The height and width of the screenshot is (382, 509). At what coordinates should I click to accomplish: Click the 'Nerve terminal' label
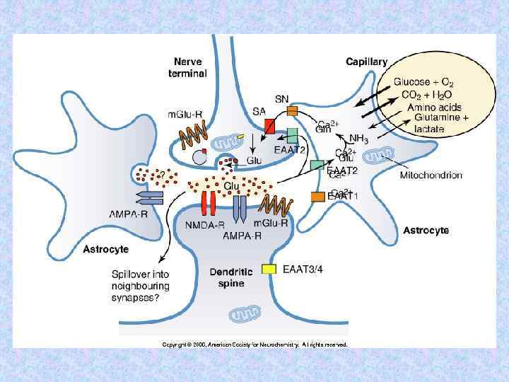pos(187,67)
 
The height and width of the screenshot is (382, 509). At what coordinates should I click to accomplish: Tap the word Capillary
pos(366,62)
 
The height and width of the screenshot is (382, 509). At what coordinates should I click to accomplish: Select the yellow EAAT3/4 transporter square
pos(269,269)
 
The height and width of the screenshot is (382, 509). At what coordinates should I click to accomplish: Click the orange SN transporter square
pos(292,110)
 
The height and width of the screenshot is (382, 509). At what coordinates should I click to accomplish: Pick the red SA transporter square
pos(270,126)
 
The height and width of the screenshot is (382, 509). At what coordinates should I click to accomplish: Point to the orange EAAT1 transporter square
pos(318,196)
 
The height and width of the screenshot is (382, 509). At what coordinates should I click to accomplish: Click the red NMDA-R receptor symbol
pos(207,204)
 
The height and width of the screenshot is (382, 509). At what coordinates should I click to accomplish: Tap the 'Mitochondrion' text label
pos(431,175)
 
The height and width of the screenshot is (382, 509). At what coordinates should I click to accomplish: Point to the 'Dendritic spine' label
pos(227,277)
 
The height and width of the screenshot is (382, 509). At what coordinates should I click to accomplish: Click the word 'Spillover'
pos(134,274)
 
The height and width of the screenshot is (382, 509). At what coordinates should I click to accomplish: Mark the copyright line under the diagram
pos(255,345)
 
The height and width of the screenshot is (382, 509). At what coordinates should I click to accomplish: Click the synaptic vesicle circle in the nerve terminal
pos(199,156)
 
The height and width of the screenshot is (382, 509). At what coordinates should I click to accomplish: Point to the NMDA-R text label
pos(204,226)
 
